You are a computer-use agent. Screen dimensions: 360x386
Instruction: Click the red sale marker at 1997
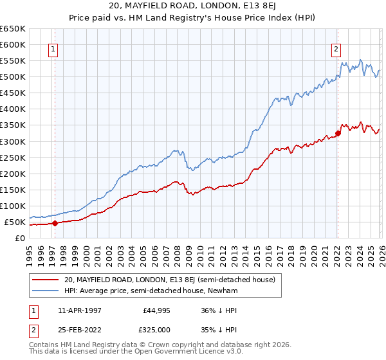tap(55, 224)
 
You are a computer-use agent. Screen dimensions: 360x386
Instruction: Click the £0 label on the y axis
tap(20, 238)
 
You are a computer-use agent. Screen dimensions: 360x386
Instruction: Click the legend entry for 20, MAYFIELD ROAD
tap(169, 280)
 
